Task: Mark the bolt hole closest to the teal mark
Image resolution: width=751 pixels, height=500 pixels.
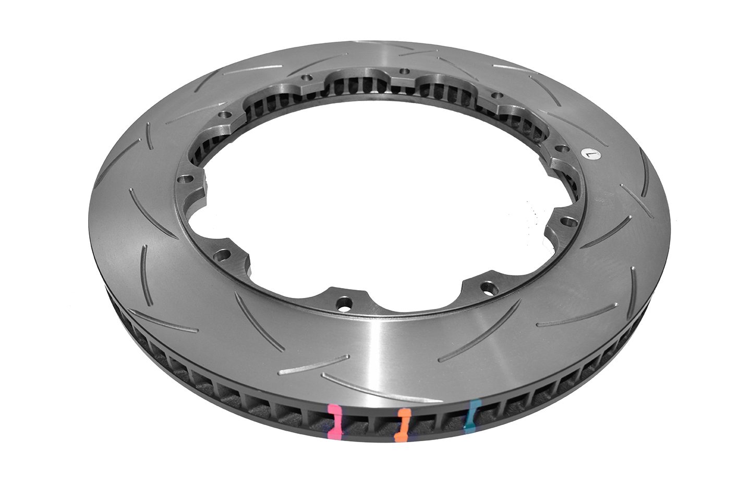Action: coord(487,286)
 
